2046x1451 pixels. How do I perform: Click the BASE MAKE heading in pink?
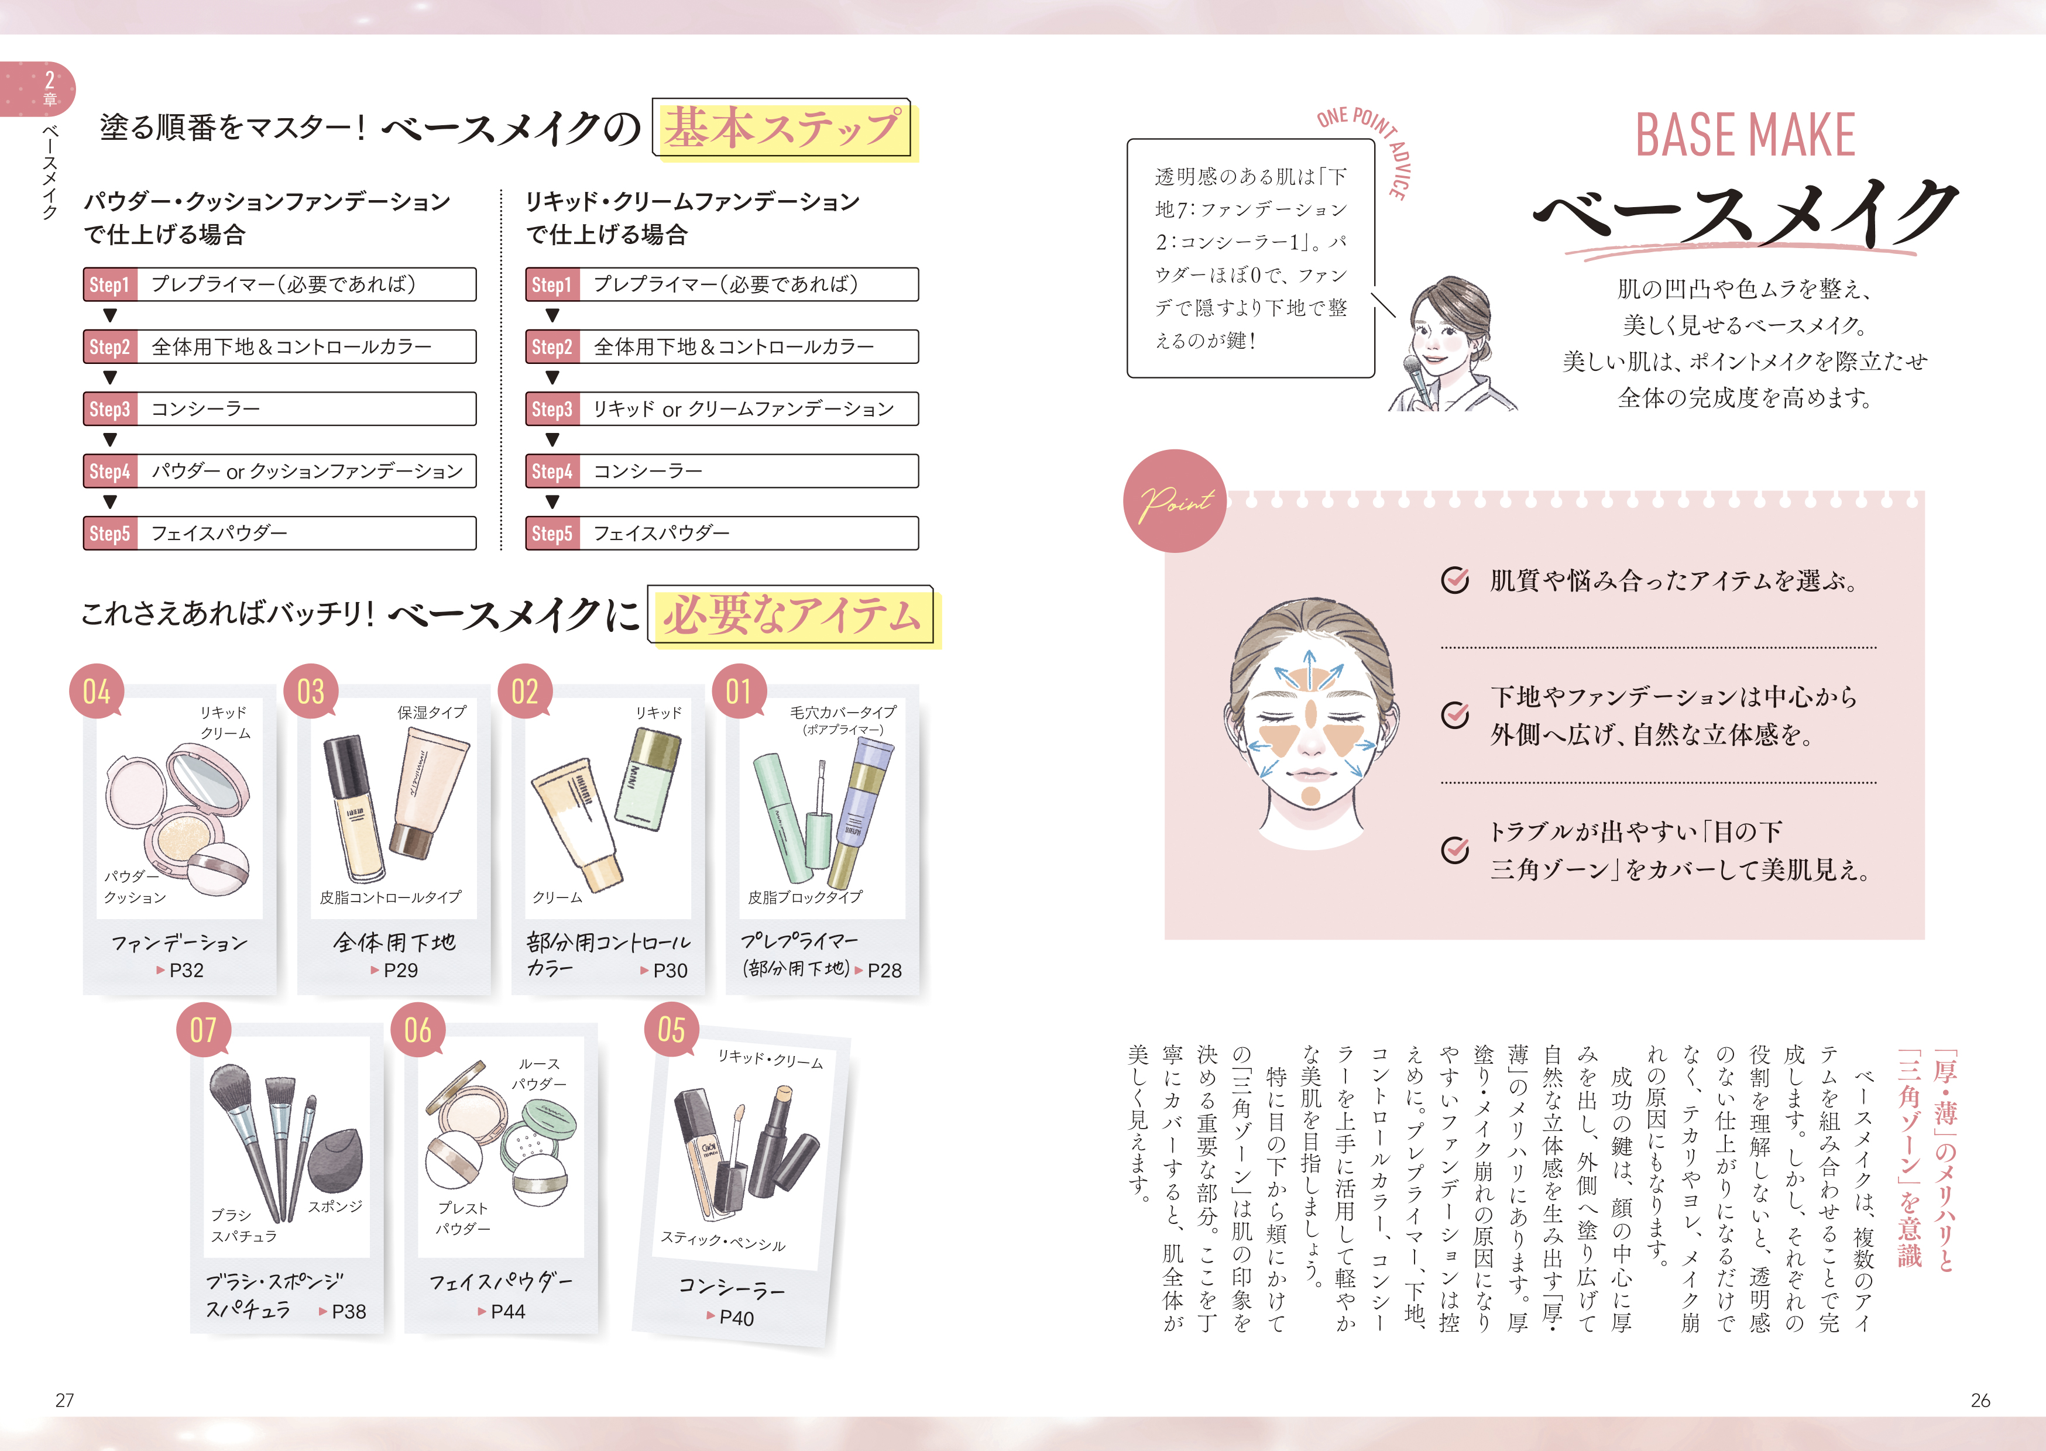pos(1745,136)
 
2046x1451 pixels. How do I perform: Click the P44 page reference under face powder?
pos(502,1312)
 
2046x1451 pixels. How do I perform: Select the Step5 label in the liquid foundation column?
pos(552,534)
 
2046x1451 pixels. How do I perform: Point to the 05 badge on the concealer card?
pos(671,1029)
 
